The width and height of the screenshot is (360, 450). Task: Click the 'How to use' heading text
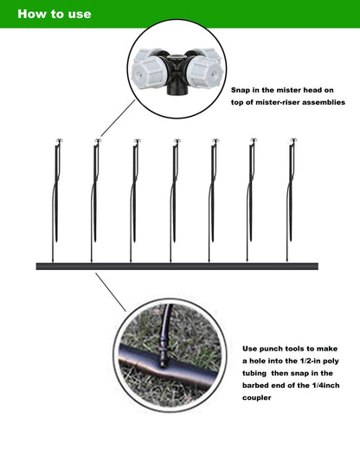pyautogui.click(x=54, y=14)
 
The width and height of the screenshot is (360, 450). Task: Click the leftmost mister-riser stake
pyautogui.click(x=56, y=190)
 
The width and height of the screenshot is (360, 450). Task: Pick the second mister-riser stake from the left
pyautogui.click(x=95, y=190)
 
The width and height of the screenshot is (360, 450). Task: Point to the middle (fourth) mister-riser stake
pyautogui.click(x=174, y=190)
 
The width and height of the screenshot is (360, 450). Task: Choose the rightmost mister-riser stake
pyautogui.click(x=292, y=190)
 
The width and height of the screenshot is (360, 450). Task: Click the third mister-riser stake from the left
pyautogui.click(x=135, y=190)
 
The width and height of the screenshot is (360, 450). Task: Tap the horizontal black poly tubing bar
pyautogui.click(x=177, y=267)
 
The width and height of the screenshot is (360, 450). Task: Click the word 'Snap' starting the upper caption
pyautogui.click(x=243, y=89)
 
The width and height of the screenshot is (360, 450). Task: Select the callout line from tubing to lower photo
pyautogui.click(x=111, y=291)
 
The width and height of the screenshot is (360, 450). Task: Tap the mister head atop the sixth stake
pyautogui.click(x=253, y=139)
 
